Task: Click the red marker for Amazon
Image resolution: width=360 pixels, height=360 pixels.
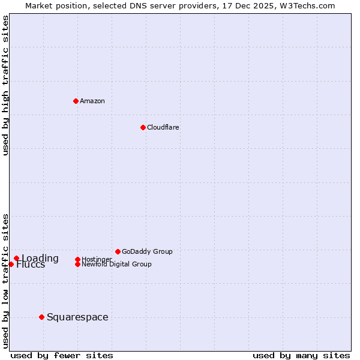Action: tap(76, 101)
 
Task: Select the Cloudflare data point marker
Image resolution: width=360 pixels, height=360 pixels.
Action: tap(143, 127)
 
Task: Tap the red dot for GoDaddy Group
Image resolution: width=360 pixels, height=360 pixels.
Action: tap(118, 251)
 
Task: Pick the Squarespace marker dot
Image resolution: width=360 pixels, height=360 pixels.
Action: tap(41, 317)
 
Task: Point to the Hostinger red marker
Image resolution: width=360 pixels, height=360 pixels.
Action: tap(77, 259)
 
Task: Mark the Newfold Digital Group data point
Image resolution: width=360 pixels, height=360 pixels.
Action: tap(77, 264)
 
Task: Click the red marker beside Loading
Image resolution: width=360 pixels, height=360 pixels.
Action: tap(16, 259)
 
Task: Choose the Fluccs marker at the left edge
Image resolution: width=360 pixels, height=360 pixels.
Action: tap(11, 264)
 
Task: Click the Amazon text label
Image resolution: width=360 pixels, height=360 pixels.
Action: tap(92, 101)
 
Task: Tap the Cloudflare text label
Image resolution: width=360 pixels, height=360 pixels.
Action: tap(163, 127)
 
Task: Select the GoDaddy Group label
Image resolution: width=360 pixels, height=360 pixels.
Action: tap(147, 251)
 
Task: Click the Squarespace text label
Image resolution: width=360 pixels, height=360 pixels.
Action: tap(77, 317)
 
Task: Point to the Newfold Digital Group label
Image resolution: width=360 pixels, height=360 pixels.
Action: tap(116, 265)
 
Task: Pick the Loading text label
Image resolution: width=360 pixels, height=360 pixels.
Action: tap(40, 258)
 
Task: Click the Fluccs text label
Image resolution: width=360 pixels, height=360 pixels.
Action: tap(31, 265)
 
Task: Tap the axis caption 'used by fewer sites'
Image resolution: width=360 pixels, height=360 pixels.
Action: tap(62, 355)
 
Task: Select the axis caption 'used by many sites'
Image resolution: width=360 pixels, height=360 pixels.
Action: tap(301, 355)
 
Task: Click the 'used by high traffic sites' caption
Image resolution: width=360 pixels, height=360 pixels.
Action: tap(5, 85)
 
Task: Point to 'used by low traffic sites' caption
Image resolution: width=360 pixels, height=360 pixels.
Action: tap(5, 280)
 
